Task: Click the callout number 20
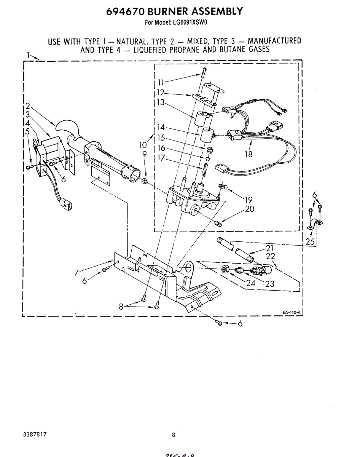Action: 250,209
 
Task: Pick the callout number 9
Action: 145,154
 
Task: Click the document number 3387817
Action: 35,434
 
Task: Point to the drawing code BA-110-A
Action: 292,313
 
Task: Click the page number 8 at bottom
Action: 174,435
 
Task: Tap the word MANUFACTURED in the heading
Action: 274,41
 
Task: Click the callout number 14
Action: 161,127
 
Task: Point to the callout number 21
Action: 270,248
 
